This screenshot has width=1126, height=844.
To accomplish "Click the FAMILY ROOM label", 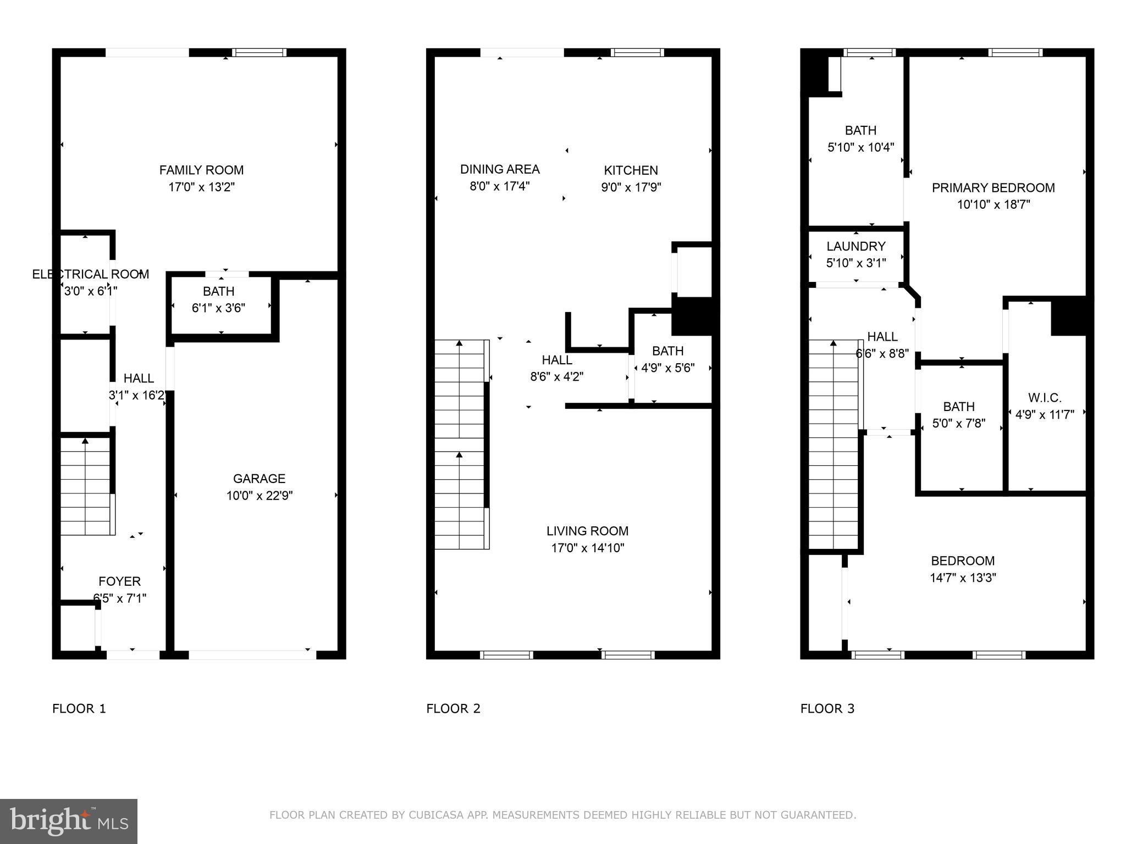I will click(x=201, y=170).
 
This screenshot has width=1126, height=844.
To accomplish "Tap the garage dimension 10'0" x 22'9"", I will click(x=259, y=496).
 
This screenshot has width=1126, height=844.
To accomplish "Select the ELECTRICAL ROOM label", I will click(x=90, y=274).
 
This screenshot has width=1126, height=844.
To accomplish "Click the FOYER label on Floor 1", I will click(x=119, y=581).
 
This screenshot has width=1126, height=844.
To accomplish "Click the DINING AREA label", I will click(x=500, y=169).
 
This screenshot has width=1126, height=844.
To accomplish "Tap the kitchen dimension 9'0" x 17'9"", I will click(x=631, y=187).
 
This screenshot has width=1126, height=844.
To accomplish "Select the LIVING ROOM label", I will click(x=587, y=531).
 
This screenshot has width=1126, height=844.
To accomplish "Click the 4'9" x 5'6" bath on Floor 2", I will click(x=667, y=359).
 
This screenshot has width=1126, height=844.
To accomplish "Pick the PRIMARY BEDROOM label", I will click(x=993, y=188).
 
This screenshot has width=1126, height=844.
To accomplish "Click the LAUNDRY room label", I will click(x=855, y=246).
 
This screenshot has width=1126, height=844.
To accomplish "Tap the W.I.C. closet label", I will click(x=1044, y=398).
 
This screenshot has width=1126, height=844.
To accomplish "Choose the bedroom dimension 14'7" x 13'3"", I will click(x=963, y=578).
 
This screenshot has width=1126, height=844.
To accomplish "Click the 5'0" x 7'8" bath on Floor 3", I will click(x=959, y=415).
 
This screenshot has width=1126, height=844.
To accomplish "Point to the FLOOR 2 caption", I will click(x=453, y=709).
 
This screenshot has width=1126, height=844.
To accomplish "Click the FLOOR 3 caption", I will click(x=827, y=709).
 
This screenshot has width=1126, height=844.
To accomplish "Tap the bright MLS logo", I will click(x=69, y=821).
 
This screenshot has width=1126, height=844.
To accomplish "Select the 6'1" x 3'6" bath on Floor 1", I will click(x=218, y=299).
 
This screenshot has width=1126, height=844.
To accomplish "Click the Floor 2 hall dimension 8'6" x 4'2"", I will click(x=556, y=377).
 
